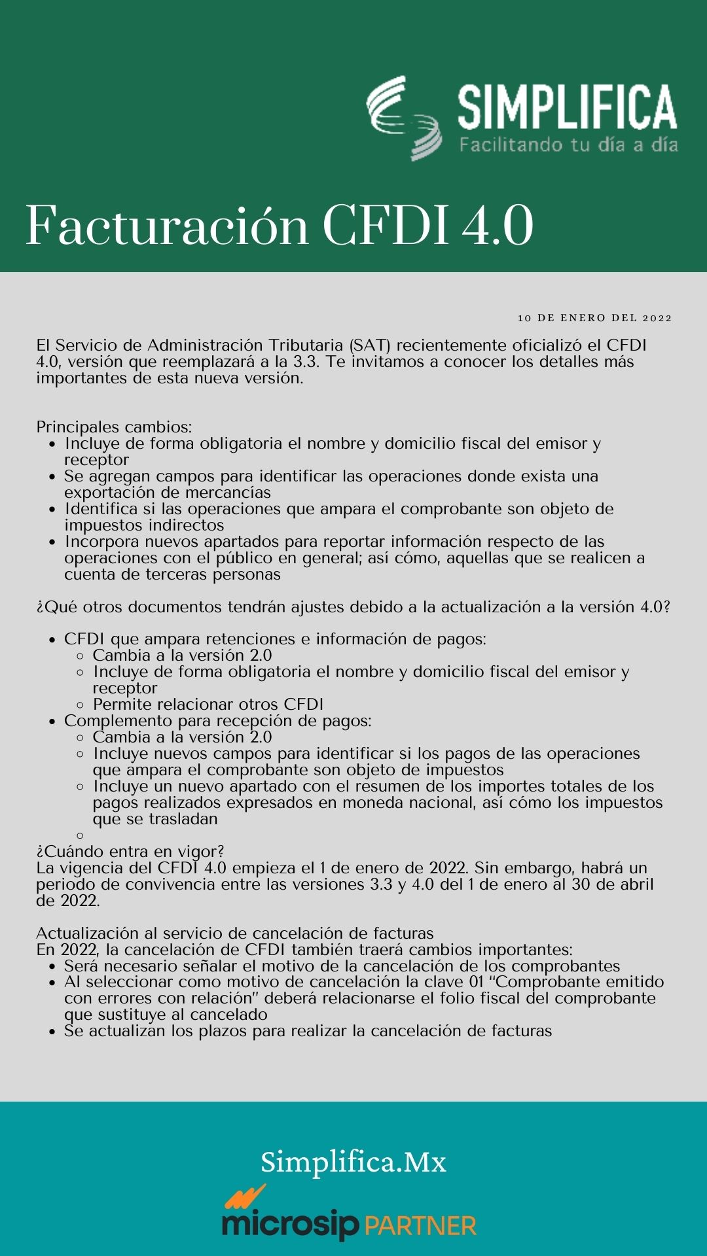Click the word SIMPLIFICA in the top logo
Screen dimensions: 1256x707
click(x=567, y=107)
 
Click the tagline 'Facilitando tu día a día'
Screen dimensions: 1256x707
click(x=568, y=144)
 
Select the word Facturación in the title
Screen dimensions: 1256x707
click(x=166, y=226)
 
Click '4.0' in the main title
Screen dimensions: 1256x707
click(x=498, y=226)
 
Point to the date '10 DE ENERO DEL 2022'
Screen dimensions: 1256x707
click(x=594, y=318)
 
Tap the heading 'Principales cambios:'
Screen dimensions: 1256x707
click(x=114, y=427)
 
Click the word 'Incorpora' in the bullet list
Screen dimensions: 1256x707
click(x=102, y=542)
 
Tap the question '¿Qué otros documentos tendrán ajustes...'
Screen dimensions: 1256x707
click(x=353, y=607)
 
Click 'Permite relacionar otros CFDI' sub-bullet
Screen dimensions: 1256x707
click(x=208, y=705)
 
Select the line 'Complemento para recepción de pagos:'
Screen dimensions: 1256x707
click(x=217, y=721)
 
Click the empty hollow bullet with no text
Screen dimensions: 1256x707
click(x=80, y=835)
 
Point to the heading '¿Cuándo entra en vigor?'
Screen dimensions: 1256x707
click(x=130, y=852)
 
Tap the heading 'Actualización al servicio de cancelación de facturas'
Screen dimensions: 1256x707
click(x=235, y=933)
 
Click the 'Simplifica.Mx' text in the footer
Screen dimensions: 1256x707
click(x=353, y=1162)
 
